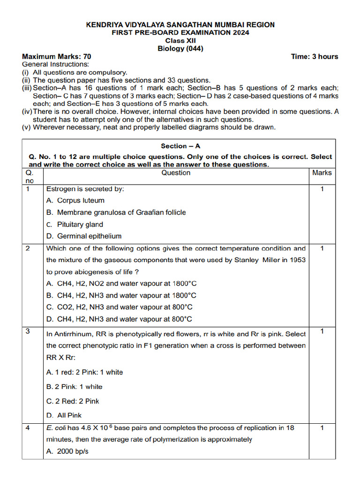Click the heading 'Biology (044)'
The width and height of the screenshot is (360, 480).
tap(180, 48)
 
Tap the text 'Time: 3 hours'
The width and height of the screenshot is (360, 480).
tap(314, 57)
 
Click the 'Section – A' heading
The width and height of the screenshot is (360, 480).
tap(180, 146)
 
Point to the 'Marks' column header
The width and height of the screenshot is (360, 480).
tap(322, 173)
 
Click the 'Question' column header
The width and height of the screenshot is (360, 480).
tap(176, 173)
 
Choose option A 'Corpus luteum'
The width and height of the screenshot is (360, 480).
tap(75, 201)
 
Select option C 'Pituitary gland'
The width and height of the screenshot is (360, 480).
tap(75, 225)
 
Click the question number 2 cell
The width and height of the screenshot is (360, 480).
tap(28, 248)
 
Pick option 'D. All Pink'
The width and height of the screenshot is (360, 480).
tap(64, 415)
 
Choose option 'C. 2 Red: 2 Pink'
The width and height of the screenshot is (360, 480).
tap(73, 401)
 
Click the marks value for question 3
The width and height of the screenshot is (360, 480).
tap(322, 332)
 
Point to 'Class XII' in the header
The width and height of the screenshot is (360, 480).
tap(180, 40)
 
